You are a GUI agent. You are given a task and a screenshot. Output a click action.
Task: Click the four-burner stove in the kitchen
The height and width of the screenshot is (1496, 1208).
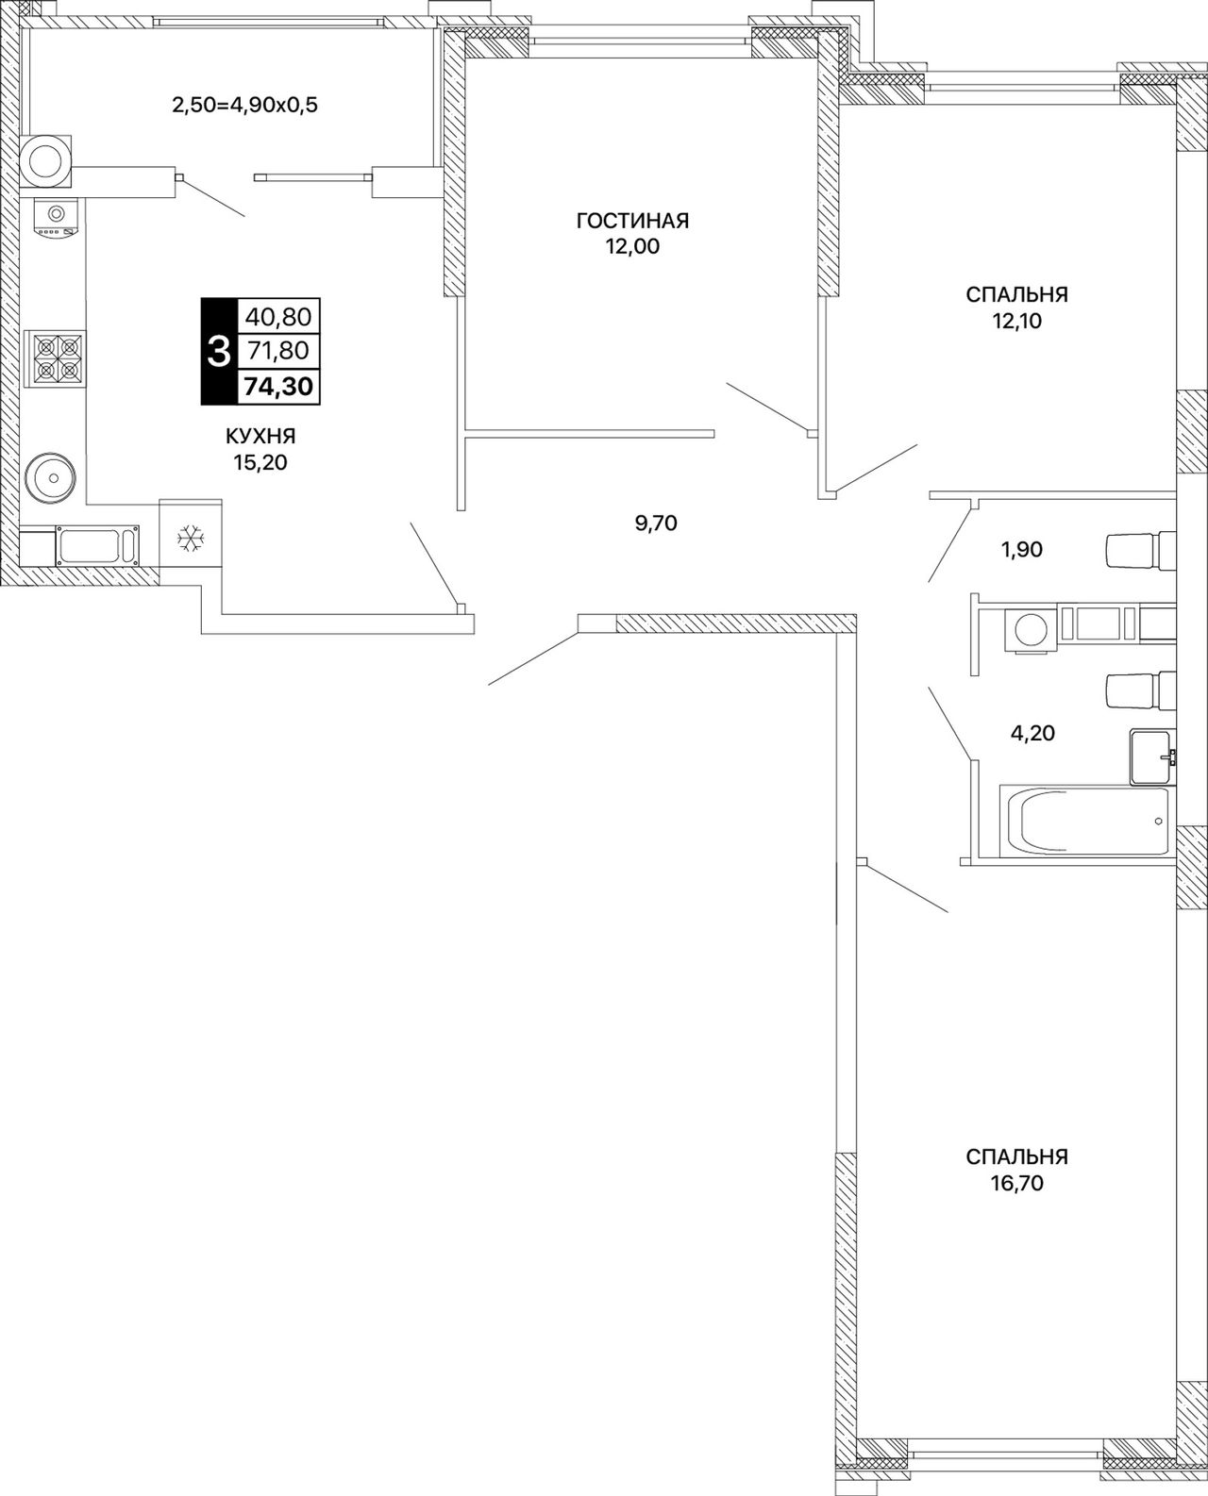55,358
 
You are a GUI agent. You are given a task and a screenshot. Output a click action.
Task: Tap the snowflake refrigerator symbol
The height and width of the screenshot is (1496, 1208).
190,539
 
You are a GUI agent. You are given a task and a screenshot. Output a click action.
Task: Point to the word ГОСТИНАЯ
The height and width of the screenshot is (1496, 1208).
632,221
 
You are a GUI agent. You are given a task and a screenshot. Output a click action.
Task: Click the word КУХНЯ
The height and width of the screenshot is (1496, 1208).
260,436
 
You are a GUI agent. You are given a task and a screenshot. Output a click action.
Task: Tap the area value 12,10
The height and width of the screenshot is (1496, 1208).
1016,321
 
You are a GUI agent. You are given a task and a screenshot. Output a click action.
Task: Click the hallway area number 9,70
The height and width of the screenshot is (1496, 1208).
656,524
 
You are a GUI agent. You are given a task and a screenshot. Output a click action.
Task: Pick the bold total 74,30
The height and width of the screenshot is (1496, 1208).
278,386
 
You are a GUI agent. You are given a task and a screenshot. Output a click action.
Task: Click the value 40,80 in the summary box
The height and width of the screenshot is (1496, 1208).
278,317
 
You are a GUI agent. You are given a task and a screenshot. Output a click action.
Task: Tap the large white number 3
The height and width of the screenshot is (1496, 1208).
219,352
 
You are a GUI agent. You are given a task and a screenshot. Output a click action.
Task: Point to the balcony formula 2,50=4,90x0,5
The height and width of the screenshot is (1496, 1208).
245,106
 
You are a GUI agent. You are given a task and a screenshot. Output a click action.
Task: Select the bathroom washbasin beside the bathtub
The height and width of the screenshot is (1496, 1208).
1151,757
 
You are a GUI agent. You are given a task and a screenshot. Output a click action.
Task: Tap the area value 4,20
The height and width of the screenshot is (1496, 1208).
1032,733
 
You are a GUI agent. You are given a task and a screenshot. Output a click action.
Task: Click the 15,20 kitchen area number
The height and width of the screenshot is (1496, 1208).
260,463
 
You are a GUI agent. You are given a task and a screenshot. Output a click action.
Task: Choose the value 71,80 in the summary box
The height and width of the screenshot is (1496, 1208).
278,350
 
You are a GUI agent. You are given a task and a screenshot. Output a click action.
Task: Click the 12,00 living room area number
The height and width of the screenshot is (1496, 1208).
633,247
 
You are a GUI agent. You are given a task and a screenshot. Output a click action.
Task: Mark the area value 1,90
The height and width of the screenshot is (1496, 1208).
1022,549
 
